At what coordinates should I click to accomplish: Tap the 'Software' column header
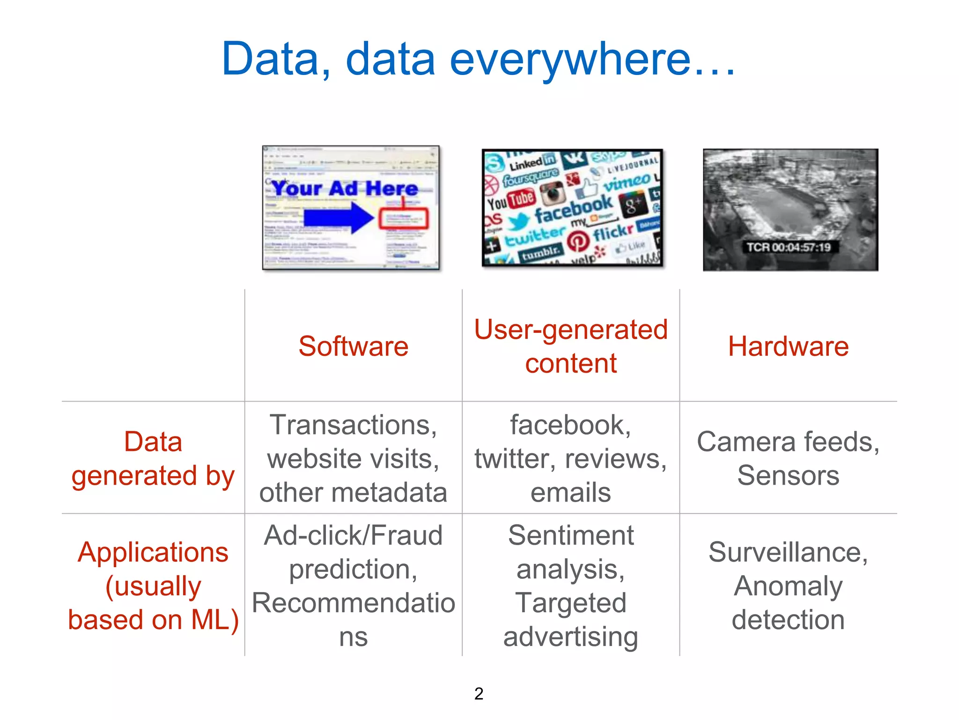coord(354,347)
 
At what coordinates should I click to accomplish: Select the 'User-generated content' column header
coord(571,346)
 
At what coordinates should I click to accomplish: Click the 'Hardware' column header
coord(788,347)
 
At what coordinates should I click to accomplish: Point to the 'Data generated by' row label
coord(153,458)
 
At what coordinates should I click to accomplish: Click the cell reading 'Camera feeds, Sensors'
coord(788,458)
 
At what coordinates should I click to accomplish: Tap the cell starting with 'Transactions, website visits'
coord(354,458)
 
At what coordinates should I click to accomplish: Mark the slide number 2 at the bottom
coord(479,694)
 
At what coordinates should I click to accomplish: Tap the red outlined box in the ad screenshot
coord(403,219)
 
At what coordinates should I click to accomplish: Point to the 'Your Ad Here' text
coord(345,188)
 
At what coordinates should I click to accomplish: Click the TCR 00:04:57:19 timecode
coord(789,247)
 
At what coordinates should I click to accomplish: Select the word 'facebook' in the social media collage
coord(573,209)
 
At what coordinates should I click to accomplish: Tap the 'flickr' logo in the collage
coord(613,232)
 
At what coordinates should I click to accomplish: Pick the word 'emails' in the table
coord(571,493)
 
